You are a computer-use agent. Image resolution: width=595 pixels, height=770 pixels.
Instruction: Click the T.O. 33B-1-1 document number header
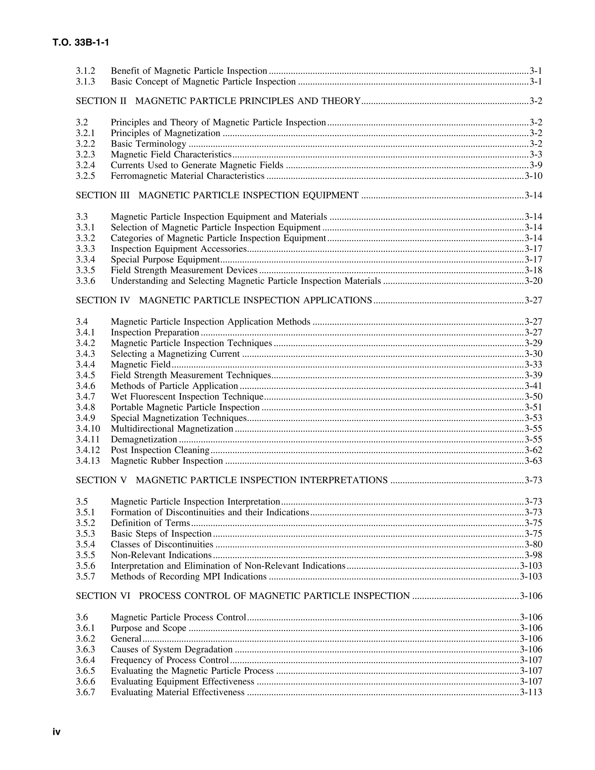click(x=81, y=43)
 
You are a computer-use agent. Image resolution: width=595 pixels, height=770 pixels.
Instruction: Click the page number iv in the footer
click(x=56, y=732)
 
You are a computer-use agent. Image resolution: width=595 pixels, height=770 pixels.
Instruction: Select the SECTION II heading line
click(x=218, y=101)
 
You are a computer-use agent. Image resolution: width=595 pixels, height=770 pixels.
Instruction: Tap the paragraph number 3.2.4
click(x=85, y=165)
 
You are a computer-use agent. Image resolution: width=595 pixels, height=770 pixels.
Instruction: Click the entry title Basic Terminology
click(x=148, y=144)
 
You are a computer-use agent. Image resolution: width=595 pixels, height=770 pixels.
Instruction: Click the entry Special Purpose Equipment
click(x=165, y=260)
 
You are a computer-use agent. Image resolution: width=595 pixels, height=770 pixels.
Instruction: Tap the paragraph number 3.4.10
click(x=88, y=429)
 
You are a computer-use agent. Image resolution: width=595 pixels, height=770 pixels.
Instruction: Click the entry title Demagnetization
click(x=144, y=440)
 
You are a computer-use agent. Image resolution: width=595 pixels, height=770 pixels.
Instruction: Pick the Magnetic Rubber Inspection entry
click(x=167, y=461)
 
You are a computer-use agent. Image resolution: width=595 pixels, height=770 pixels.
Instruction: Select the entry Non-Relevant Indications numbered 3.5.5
click(x=161, y=555)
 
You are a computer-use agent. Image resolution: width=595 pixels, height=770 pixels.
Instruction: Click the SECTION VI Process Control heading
click(x=243, y=596)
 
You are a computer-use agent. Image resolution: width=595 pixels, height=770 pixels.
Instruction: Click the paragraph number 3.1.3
click(x=85, y=82)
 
